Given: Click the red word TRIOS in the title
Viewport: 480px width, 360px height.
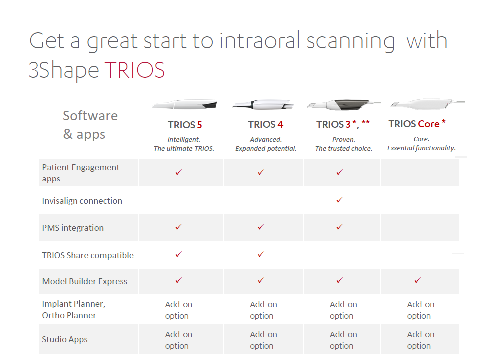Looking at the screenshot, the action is (135, 70).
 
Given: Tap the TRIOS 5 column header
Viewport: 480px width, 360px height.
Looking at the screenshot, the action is (185, 125).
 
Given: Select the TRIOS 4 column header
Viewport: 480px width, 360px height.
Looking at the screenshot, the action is (265, 124).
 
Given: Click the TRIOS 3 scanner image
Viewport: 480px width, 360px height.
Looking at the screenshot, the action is (344, 104).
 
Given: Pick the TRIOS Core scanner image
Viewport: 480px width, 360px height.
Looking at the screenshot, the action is (428, 104).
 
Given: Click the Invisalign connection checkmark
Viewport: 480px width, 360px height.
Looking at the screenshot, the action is (339, 200).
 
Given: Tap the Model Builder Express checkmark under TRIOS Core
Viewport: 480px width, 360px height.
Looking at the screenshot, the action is (417, 280).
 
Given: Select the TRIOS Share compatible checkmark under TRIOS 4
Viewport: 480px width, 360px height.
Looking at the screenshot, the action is (261, 254).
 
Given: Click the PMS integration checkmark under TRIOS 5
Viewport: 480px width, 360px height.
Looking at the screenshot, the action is (179, 227).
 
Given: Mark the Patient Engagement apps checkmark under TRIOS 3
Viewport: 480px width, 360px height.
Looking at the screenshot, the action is (339, 172).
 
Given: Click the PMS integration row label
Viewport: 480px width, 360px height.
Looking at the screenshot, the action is (73, 228).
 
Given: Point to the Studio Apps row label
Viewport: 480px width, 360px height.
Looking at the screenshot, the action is (65, 339).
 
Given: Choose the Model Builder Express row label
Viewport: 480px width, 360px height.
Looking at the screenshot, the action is (85, 281).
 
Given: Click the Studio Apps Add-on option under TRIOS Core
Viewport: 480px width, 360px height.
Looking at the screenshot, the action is (420, 340).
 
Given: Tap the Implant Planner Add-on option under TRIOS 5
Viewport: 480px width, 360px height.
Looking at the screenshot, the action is (179, 310).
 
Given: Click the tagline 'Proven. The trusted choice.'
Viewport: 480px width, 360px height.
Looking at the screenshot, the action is (344, 144).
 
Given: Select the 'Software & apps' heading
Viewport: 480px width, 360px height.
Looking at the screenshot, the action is (90, 125).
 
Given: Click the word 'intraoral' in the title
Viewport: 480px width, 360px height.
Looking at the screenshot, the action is (260, 41).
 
